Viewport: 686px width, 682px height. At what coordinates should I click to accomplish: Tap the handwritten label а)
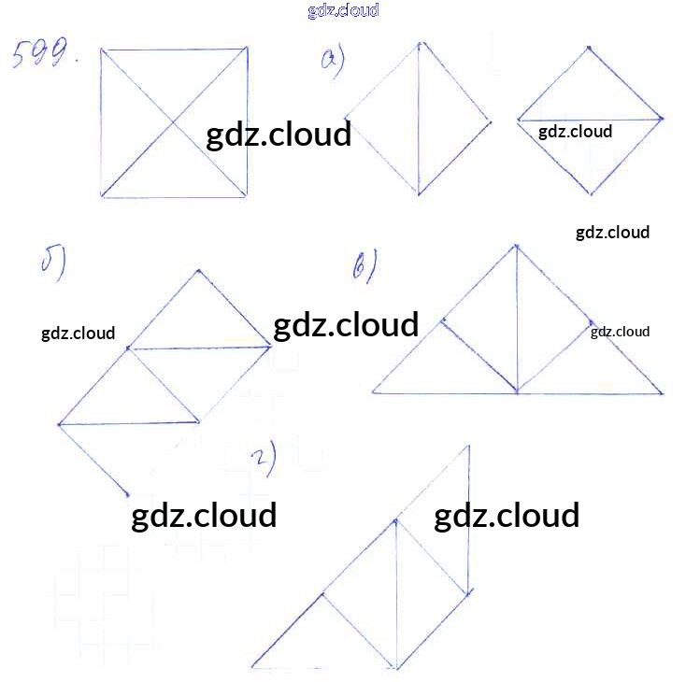332,62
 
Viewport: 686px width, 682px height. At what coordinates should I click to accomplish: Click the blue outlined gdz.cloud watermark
342,10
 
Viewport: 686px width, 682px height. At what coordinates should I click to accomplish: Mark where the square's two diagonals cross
174,121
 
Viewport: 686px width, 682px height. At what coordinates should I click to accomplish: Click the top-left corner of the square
101,50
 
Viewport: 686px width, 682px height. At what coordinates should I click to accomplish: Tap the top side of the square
174,50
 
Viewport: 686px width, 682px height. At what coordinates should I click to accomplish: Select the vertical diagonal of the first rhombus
420,120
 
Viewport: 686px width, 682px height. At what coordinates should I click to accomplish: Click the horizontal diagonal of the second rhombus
589,120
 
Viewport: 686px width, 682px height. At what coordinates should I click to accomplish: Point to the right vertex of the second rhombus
662,119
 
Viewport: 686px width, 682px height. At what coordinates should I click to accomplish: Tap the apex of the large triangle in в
515,245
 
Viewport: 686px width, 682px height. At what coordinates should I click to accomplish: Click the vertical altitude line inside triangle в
516,318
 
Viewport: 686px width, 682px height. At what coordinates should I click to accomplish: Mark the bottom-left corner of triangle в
373,392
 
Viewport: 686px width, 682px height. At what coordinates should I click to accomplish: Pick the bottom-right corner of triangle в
663,392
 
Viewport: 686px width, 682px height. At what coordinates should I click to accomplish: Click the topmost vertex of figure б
198,271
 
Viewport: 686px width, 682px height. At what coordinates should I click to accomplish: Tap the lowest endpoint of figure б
126,494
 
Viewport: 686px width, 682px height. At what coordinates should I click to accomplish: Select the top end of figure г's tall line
468,447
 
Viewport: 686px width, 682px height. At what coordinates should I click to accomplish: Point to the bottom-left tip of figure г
252,667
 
